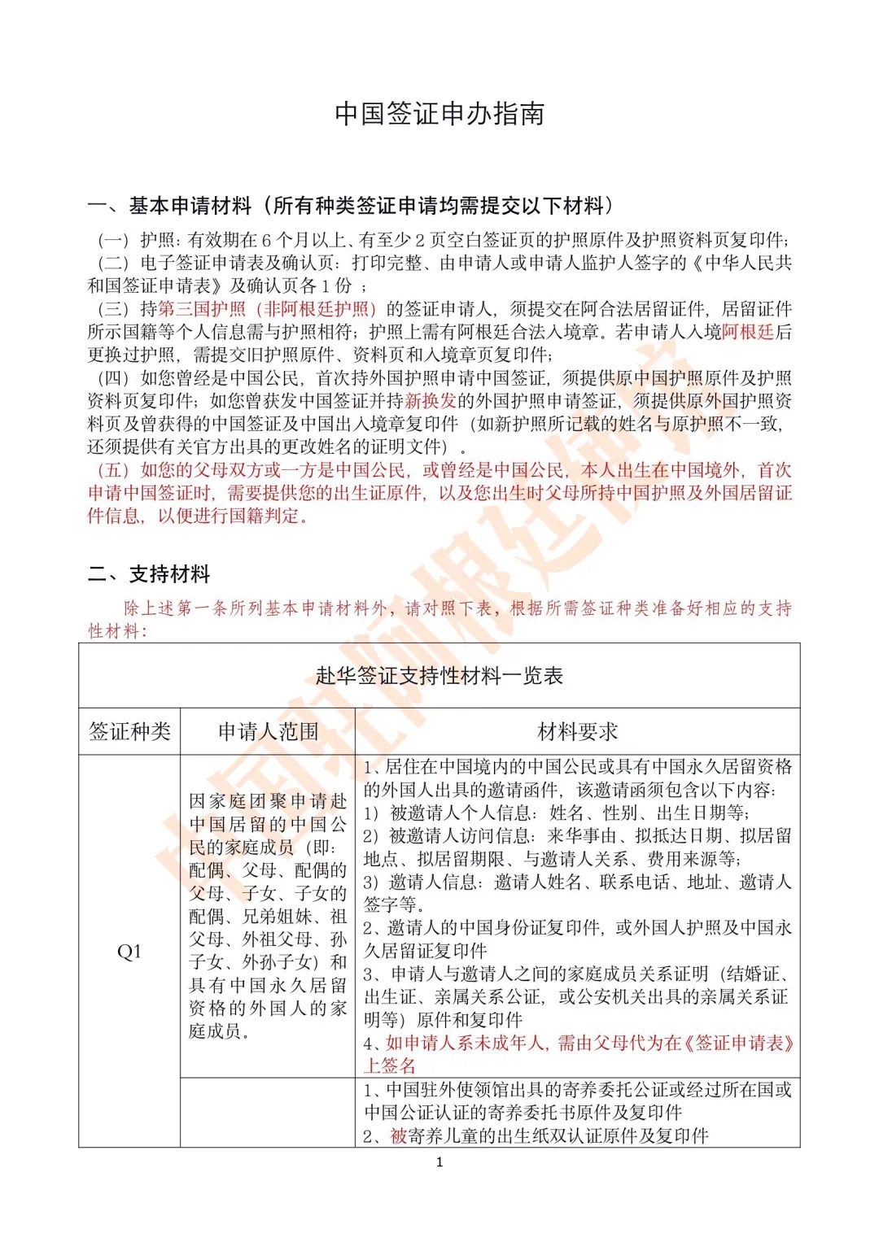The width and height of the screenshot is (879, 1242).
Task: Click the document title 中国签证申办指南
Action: pyautogui.click(x=439, y=114)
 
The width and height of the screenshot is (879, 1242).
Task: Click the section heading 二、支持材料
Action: pyautogui.click(x=149, y=573)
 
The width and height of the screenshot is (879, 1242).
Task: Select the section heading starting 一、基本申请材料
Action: pyautogui.click(x=351, y=206)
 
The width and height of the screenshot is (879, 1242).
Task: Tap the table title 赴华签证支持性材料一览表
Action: pyautogui.click(x=439, y=676)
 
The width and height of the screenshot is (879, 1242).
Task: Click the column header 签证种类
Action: pyautogui.click(x=129, y=731)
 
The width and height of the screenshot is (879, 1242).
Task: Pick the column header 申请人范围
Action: pyautogui.click(x=268, y=731)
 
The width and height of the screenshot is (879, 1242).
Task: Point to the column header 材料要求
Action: pyautogui.click(x=578, y=731)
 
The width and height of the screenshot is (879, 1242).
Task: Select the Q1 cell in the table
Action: pyautogui.click(x=129, y=951)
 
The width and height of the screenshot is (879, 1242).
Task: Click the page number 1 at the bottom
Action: pyautogui.click(x=439, y=1162)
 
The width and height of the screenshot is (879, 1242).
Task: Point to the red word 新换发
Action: pyautogui.click(x=431, y=401)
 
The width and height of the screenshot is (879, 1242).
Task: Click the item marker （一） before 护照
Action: pyautogui.click(x=114, y=240)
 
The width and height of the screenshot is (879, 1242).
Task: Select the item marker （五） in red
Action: pyautogui.click(x=114, y=470)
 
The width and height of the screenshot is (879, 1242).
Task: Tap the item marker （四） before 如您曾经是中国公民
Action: pyautogui.click(x=114, y=378)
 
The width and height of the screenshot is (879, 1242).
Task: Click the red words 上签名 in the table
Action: pyautogui.click(x=390, y=1066)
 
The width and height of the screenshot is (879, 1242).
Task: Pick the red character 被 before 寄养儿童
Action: pyautogui.click(x=398, y=1135)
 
